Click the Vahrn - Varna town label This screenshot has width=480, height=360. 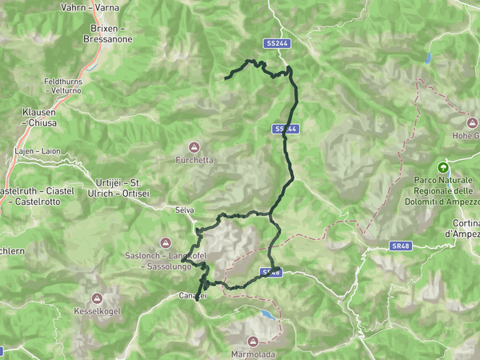[90, 7]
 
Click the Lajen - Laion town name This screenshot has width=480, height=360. [37, 150]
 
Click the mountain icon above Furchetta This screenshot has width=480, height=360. [194, 147]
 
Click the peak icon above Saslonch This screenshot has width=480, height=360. [166, 242]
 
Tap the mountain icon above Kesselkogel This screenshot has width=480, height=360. [96, 297]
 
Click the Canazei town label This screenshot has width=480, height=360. [192, 296]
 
